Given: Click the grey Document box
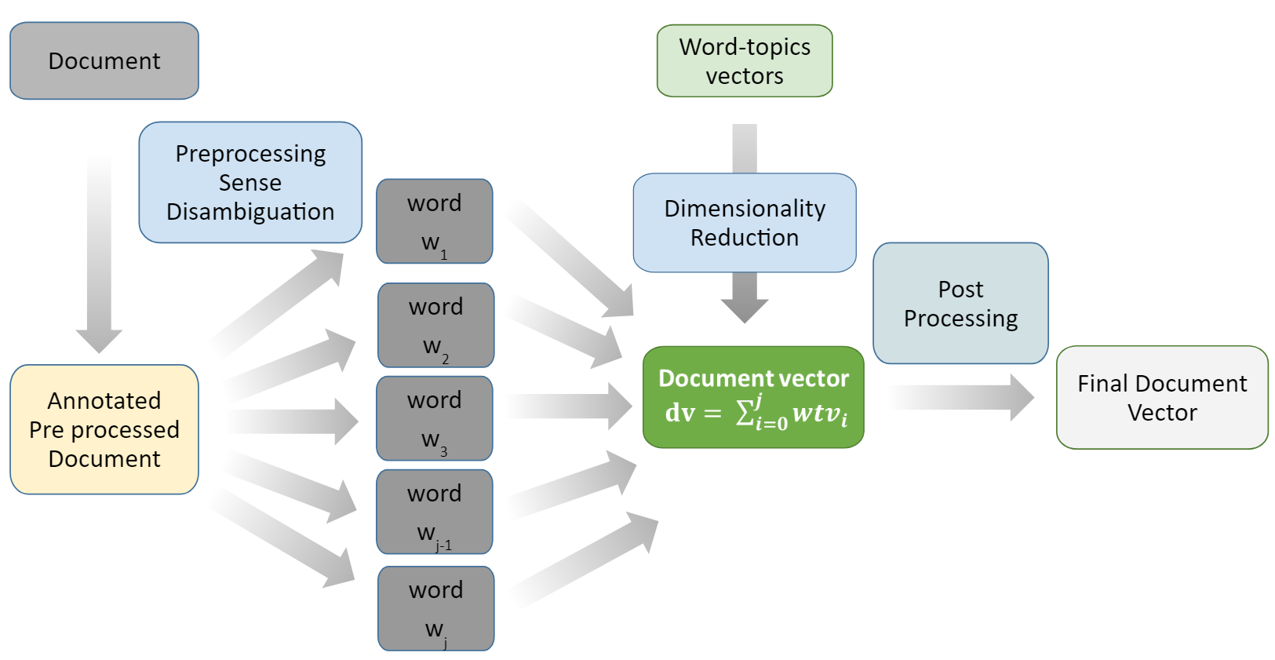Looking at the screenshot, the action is tap(104, 60).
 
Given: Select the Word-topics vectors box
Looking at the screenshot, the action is tap(745, 60).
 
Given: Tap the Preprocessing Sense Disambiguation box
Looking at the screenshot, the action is tap(250, 182).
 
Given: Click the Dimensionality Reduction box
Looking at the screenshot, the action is tap(745, 223).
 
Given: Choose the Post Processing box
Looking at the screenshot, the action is tap(961, 303).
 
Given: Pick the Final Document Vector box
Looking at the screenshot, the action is tap(1162, 397).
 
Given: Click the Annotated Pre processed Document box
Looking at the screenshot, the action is tap(104, 429).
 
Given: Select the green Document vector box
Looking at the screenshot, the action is tap(753, 397).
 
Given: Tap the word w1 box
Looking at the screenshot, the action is tap(435, 221).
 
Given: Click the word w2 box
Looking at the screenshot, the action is tap(436, 325).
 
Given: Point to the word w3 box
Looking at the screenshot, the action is tap(435, 418).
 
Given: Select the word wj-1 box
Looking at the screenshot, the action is tap(435, 512).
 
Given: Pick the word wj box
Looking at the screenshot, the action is tap(436, 608).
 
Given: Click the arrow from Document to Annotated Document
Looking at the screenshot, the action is tap(99, 253).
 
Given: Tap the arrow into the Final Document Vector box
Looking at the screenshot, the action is tap(961, 397).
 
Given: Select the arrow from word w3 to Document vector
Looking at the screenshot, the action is tap(569, 406).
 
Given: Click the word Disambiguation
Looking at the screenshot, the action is tap(250, 212).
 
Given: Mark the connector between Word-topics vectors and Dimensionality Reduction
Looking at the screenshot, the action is tap(745, 148).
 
